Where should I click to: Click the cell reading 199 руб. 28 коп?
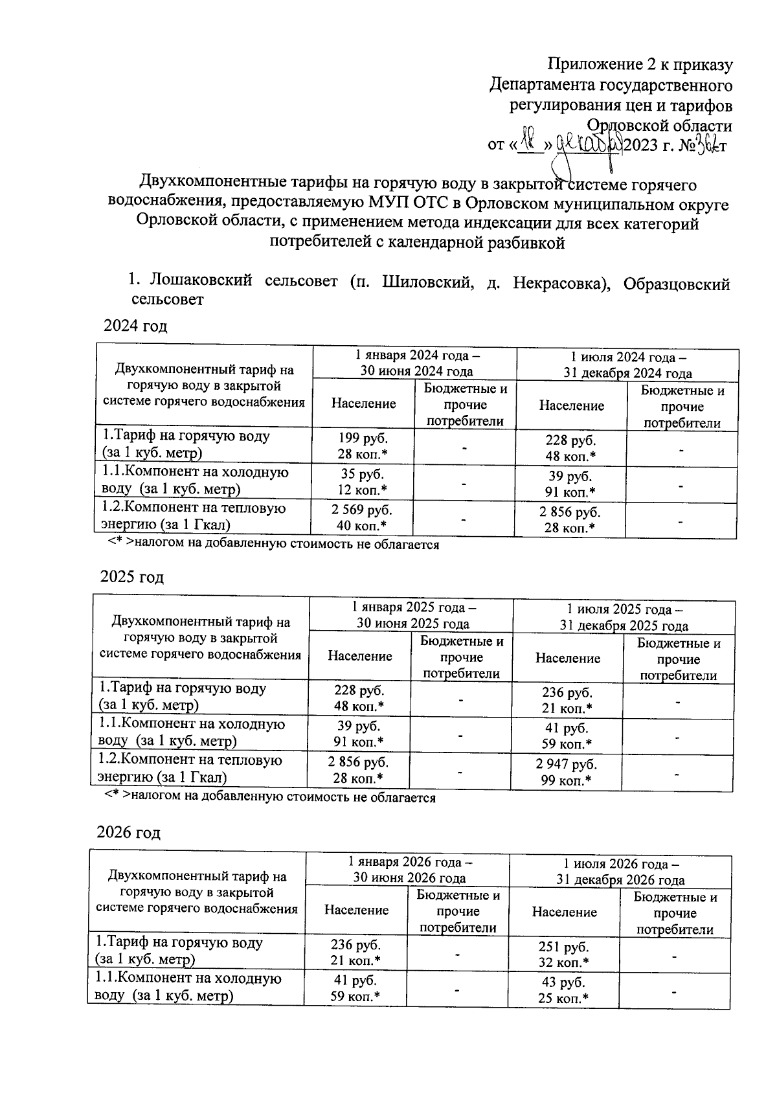[363, 446]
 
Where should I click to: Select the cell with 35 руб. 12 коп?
[363, 481]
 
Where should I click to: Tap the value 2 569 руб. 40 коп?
[363, 517]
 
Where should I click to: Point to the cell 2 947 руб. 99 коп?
[567, 772]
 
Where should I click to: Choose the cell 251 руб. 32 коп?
[563, 954]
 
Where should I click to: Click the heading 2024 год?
[135, 326]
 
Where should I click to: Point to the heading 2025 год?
[132, 577]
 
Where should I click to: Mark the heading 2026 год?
[128, 832]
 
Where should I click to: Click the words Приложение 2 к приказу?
[640, 65]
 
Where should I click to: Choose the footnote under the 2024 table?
[273, 545]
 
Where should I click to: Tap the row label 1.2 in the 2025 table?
[190, 767]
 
